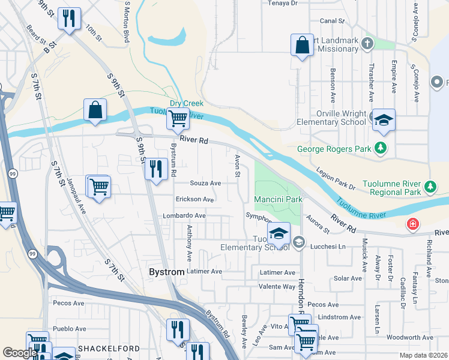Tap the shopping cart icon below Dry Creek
point(178,119)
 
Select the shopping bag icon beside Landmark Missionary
point(302,45)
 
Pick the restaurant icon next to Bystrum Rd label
point(155,169)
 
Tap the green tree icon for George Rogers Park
point(379,147)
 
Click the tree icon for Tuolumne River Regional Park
point(430,187)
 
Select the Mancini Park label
point(277,199)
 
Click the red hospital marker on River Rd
point(412,225)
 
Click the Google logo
point(19,352)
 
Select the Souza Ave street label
point(205,183)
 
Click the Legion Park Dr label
point(336,179)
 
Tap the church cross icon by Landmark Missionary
point(367,44)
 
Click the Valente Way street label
point(277,287)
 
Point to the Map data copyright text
point(423,355)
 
